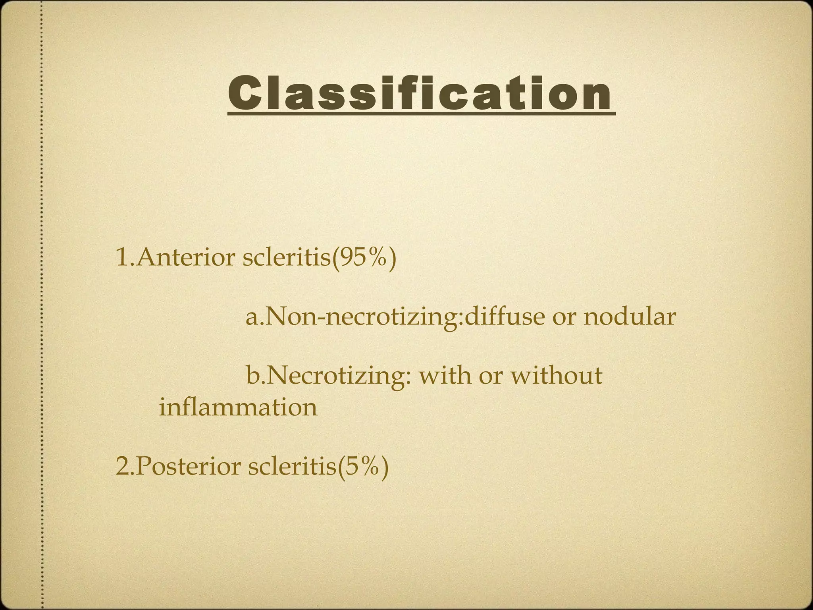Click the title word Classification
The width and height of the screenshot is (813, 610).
click(x=421, y=93)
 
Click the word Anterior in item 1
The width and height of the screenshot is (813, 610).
click(x=187, y=257)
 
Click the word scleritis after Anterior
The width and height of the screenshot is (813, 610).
click(x=285, y=257)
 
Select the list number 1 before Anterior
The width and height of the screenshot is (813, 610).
click(x=121, y=257)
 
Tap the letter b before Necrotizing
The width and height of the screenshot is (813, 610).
click(x=252, y=376)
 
